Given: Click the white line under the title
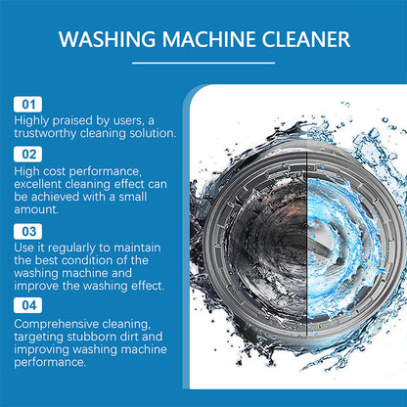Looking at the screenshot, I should [x=203, y=64].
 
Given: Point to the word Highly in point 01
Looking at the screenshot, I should [x=31, y=119].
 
